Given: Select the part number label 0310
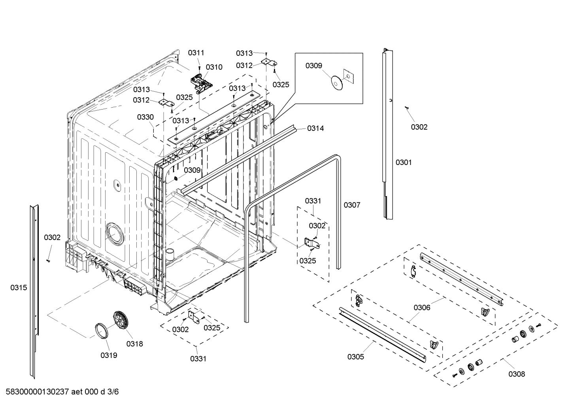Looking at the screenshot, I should [214, 67].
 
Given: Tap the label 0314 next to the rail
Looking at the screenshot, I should [315, 128].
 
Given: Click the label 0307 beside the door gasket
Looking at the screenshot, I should [352, 205].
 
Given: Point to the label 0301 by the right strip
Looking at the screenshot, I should [404, 162].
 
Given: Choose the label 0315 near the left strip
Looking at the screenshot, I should [19, 288].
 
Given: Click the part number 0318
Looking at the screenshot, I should [134, 344].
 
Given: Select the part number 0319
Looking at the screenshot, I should [109, 355].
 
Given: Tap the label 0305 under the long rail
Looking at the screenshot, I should [356, 357].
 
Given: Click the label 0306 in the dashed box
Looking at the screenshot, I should [422, 307].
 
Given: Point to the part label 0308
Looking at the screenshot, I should [517, 374].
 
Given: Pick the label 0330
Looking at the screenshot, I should [145, 117].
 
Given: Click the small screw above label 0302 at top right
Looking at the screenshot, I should [406, 107].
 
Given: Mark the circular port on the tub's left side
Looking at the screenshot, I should [114, 233].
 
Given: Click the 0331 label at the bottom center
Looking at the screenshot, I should [198, 359].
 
